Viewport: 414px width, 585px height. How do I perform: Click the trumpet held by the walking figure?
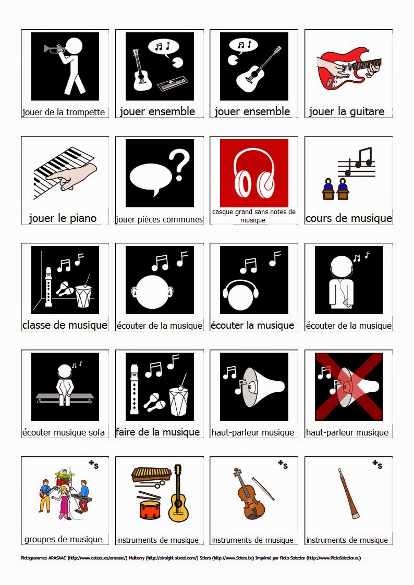pos(53,49)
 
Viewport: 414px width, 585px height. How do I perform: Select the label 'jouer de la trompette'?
pos(64,112)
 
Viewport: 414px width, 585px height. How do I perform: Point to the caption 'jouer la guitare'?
pos(346,111)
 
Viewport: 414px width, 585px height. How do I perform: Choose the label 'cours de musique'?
pos(348,218)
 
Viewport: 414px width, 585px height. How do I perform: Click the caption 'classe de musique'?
pos(65,325)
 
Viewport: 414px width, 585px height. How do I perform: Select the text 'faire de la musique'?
pos(158,432)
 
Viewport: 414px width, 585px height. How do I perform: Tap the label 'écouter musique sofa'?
pos(64,432)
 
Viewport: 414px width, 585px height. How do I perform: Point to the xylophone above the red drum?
pos(151,474)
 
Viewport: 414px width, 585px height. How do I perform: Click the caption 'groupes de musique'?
pos(64,539)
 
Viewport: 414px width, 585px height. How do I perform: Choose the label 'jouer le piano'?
pos(63,218)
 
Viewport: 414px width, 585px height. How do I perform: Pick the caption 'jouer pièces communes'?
pos(159,219)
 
